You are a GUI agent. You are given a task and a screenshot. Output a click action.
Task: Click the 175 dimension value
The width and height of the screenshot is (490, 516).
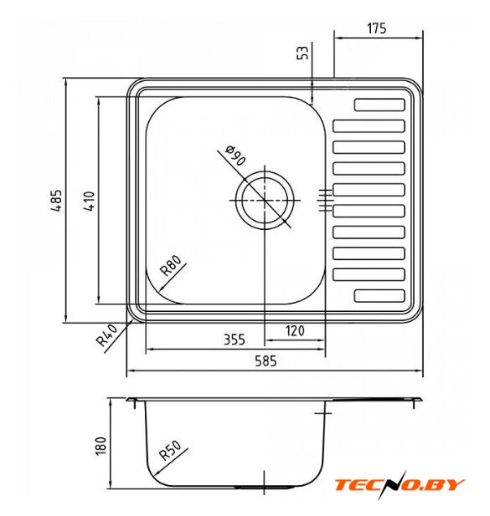(376, 28)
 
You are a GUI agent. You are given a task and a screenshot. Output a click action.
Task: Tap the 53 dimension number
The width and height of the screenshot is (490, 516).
(303, 53)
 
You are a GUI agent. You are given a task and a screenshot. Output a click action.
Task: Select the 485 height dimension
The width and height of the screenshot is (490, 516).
(56, 200)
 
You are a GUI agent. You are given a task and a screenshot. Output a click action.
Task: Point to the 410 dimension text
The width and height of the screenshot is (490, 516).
(89, 201)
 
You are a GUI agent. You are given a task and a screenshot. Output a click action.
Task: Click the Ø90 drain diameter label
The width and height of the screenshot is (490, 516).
(235, 155)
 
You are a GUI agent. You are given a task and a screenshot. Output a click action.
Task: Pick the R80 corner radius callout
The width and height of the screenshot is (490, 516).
(170, 265)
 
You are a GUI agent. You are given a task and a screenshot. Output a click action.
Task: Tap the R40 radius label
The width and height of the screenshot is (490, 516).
(106, 335)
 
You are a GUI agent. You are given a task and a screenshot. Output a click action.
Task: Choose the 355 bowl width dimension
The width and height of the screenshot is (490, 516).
(235, 340)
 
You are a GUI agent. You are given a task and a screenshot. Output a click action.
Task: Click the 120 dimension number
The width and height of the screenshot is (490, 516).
(295, 330)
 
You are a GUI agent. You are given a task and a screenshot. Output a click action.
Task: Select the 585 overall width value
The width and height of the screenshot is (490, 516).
(266, 361)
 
